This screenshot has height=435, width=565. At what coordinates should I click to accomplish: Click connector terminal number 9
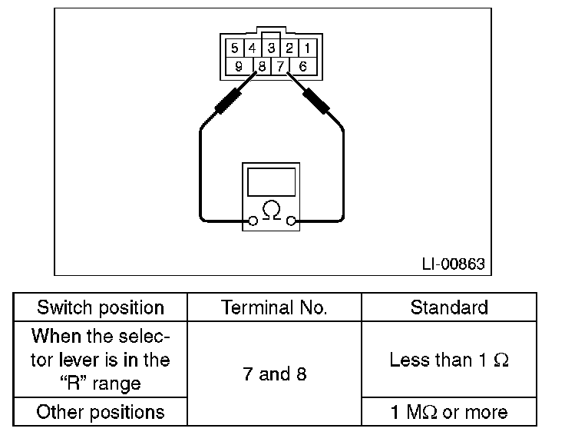(239, 66)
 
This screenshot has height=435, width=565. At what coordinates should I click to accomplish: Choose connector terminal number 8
(262, 66)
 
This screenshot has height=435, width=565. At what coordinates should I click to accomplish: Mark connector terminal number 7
(281, 66)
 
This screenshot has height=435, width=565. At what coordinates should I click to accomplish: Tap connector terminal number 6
(302, 66)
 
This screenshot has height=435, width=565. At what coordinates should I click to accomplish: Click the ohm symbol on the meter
(271, 209)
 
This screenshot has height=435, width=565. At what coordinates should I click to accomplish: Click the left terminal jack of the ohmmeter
(251, 221)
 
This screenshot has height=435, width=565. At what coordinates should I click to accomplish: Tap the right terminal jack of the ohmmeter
(291, 221)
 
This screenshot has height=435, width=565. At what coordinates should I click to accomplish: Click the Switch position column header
(101, 308)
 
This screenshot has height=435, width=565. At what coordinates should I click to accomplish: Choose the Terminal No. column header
(274, 308)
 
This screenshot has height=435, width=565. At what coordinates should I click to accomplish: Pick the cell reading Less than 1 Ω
(448, 360)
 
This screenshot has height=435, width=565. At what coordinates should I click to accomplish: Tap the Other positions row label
(101, 411)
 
